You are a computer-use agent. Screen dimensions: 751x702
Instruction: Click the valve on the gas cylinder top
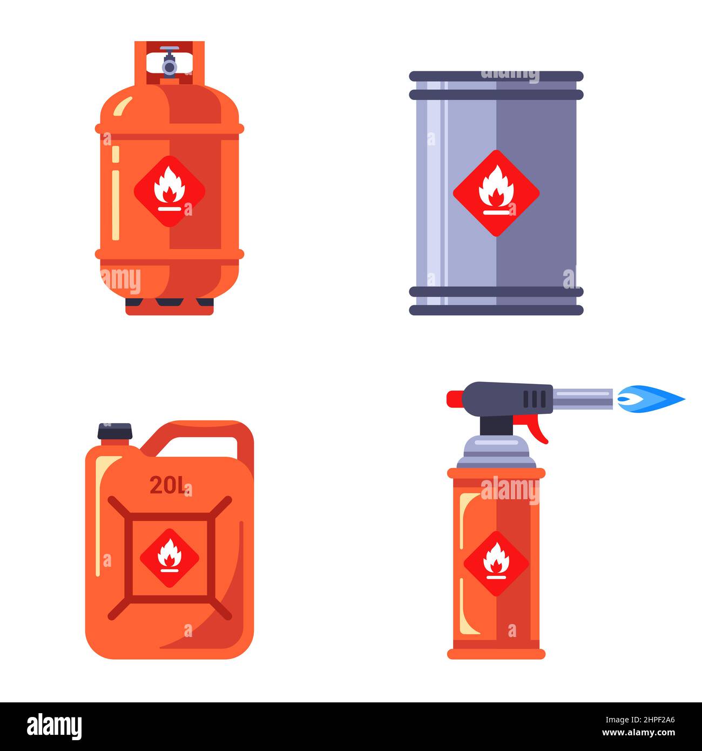[170, 63]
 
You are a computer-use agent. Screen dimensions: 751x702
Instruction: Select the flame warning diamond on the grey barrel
[496, 193]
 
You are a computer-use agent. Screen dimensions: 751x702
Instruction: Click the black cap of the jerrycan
[114, 431]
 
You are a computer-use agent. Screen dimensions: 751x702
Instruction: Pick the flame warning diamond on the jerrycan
[170, 558]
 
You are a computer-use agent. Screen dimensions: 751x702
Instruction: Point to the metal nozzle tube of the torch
[582, 399]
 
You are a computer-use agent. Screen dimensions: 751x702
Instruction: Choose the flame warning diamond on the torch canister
[496, 563]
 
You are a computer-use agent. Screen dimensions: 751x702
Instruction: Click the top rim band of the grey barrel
[496, 76]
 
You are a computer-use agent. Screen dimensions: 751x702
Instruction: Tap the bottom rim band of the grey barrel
[496, 310]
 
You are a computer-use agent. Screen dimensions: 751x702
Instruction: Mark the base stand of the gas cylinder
[170, 307]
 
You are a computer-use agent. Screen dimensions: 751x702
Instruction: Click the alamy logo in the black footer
[54, 727]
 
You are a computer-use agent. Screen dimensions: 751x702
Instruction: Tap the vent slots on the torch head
[535, 399]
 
